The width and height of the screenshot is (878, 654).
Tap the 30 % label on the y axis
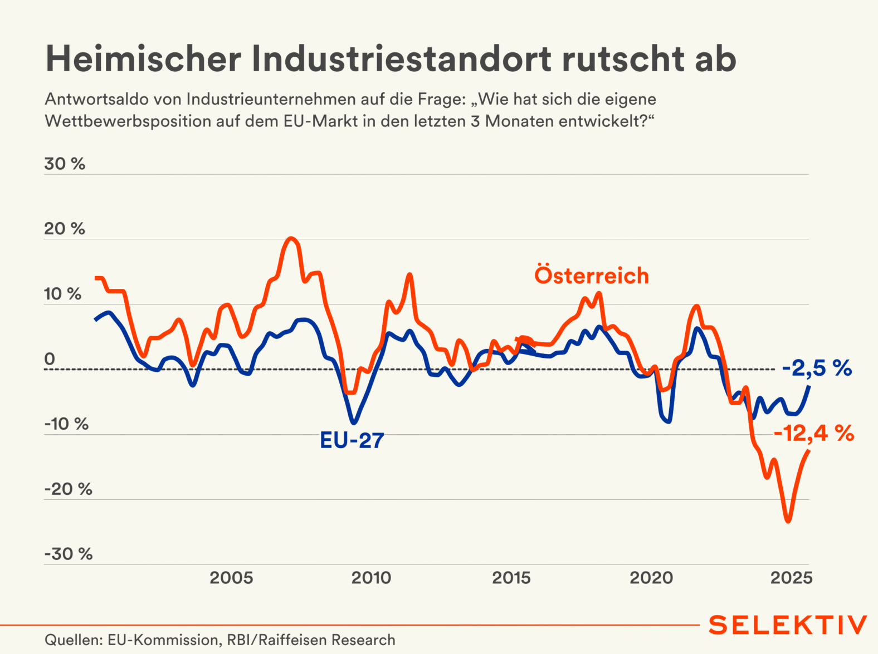pos(65,164)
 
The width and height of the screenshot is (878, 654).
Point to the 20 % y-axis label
pos(65,229)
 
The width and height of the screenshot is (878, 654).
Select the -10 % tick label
pos(67,424)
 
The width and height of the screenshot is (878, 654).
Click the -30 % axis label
pos(69,554)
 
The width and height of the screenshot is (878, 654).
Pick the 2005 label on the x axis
pos(231,578)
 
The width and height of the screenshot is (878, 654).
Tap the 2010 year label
pos(371,578)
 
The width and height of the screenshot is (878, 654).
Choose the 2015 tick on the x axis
pos(511,578)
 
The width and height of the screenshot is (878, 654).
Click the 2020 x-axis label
pos(651,578)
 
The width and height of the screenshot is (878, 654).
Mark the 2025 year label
pos(791,578)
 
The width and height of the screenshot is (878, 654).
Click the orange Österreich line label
pos(592,276)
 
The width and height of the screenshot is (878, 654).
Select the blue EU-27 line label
pos(352,440)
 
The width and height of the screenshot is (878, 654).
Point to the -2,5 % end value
pos(817,368)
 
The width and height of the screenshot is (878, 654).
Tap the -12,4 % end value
pos(814,432)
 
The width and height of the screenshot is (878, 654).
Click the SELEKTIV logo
pos(788,625)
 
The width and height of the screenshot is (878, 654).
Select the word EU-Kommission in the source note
pos(162,640)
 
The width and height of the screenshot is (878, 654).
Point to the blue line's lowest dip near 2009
pos(354,422)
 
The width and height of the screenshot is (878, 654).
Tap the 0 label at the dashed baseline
pos(50,359)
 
